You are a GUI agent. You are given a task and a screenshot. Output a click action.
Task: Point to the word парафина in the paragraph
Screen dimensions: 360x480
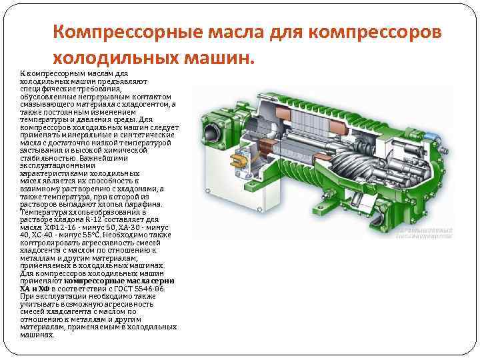[144, 205]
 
